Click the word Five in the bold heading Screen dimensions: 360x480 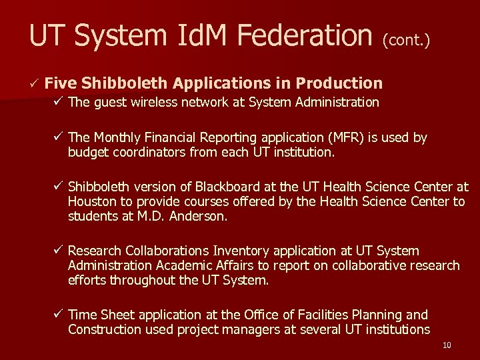tap(62, 83)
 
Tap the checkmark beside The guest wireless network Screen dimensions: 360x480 tap(59, 102)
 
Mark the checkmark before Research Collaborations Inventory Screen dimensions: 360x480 tap(59, 251)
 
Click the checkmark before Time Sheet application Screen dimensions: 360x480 tap(59, 314)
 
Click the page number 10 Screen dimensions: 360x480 tap(447, 345)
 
